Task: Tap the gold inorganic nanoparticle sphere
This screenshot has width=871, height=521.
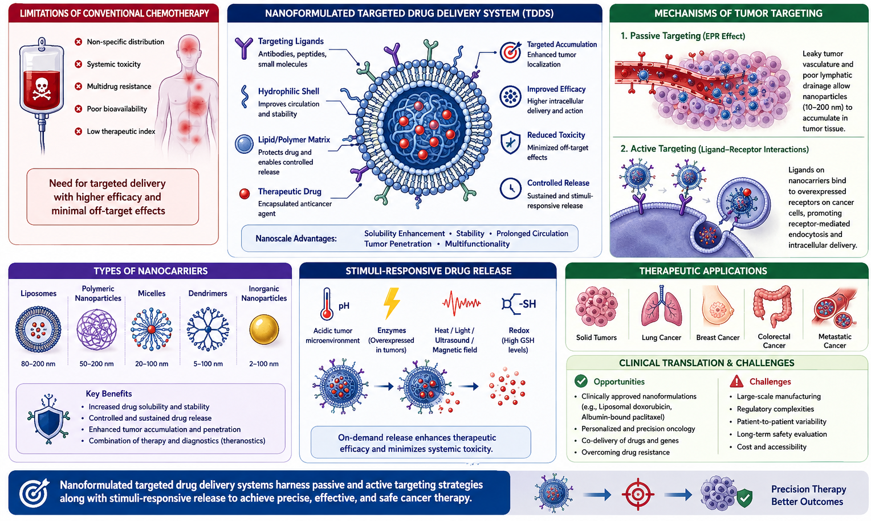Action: pos(264,330)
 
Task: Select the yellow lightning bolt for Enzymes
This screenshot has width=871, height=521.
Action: pos(392,303)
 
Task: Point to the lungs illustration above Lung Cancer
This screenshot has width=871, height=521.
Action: pos(661,306)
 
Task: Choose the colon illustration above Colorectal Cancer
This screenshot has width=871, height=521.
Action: pos(772,306)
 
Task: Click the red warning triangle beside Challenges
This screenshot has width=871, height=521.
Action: pos(736,381)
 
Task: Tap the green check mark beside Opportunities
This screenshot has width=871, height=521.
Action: pos(581,381)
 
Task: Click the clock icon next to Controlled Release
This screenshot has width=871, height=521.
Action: pos(511,188)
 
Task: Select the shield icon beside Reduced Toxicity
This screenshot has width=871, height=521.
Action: pos(511,142)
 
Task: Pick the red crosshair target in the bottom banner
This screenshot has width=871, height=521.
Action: pos(638,495)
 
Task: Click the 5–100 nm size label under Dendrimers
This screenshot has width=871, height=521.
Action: pos(208,364)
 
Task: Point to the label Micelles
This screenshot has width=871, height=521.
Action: pos(152,293)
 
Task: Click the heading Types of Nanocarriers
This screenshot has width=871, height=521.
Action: pos(150,271)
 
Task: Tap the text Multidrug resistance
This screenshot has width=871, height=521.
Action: pos(119,86)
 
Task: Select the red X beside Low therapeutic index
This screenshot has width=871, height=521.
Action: pos(79,132)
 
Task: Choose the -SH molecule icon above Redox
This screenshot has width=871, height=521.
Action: pos(519,304)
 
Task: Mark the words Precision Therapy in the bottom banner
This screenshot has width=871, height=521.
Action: pos(809,489)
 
